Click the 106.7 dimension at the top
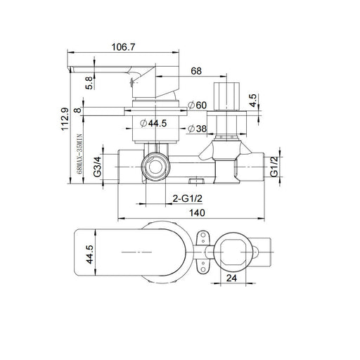[x=123, y=47]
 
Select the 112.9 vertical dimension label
[x=65, y=119]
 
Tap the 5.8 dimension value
[x=89, y=83]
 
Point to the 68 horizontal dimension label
[x=196, y=71]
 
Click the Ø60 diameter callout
[x=197, y=105]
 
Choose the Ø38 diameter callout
[x=197, y=129]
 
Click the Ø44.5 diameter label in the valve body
[x=153, y=123]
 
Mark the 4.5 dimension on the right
[x=253, y=101]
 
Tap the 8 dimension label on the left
[x=77, y=110]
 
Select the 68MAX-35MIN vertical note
[x=79, y=154]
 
